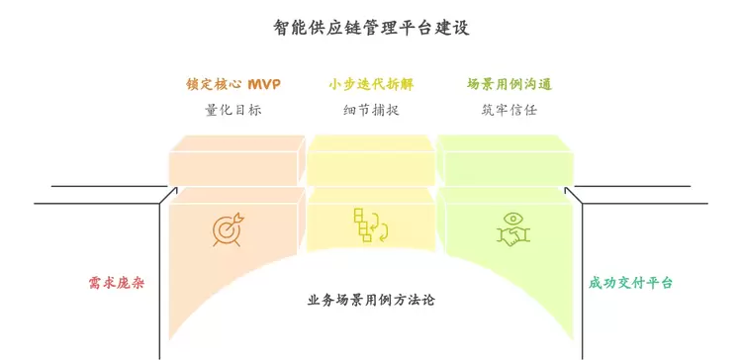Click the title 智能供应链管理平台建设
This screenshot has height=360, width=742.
[x=371, y=28]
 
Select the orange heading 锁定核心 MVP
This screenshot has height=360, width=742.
[x=233, y=85]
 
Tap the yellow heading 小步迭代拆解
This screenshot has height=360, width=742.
[x=371, y=85]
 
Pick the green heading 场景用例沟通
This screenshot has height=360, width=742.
[x=510, y=85]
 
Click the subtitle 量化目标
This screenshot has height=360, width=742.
[x=233, y=110]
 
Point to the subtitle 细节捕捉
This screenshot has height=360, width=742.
[x=371, y=110]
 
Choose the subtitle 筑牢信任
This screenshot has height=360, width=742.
[x=510, y=110]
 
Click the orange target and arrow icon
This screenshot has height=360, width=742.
[x=229, y=228]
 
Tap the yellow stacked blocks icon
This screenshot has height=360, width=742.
[x=364, y=225]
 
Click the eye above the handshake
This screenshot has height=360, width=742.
[x=513, y=219]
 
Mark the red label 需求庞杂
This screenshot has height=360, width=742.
[x=116, y=284]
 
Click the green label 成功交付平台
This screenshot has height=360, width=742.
[x=630, y=284]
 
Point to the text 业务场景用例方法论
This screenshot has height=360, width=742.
[x=371, y=301]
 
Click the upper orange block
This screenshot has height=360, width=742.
[x=237, y=161]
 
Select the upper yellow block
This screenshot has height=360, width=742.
[x=371, y=161]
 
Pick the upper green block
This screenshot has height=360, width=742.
[x=506, y=161]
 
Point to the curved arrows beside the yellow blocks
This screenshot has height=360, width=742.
[x=381, y=227]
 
